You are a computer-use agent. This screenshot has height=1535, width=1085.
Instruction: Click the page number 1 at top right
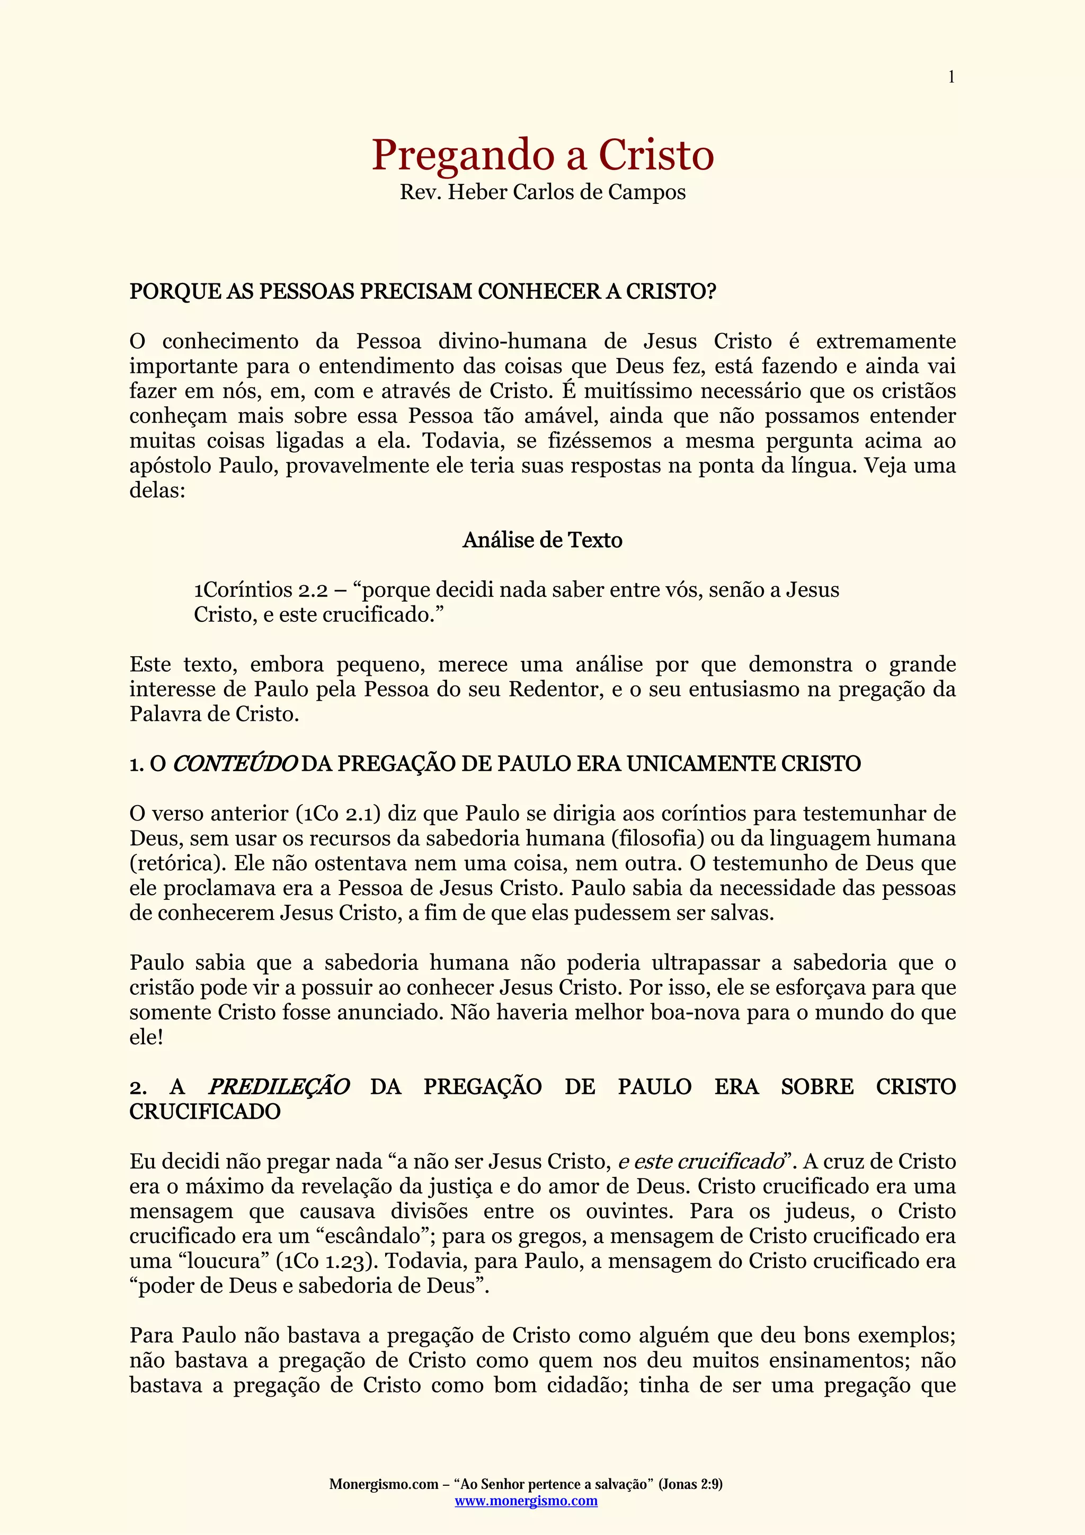[950, 77]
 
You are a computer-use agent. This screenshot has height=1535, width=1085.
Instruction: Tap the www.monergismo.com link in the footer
[526, 1501]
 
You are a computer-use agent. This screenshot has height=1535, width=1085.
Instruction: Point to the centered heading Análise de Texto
[542, 540]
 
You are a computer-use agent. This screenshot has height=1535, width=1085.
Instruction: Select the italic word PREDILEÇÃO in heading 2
[279, 1087]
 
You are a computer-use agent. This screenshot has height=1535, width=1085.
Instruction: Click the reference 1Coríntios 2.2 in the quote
[261, 591]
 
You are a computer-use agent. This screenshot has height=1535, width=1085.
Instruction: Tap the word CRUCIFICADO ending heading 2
[204, 1112]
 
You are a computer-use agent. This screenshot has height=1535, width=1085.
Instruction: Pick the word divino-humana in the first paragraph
[512, 342]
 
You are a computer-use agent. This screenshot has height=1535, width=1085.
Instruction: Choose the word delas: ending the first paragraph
[157, 490]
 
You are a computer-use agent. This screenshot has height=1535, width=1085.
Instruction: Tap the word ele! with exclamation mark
[146, 1038]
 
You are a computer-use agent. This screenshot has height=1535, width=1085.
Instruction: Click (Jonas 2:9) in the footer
[691, 1484]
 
